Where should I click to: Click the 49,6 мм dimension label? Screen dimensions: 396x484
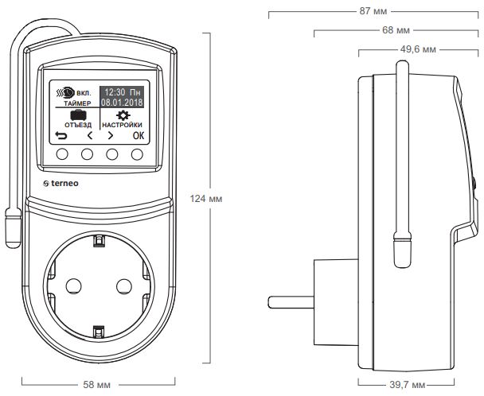coord(419,49)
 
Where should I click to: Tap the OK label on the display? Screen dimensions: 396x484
coord(139,135)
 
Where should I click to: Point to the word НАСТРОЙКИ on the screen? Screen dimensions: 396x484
coord(124,125)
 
